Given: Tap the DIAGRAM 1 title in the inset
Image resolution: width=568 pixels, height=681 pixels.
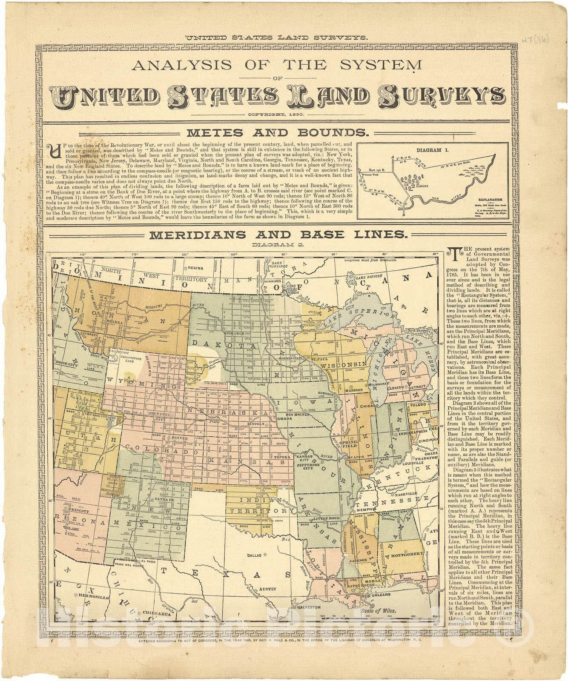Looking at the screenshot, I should pyautogui.click(x=432, y=150).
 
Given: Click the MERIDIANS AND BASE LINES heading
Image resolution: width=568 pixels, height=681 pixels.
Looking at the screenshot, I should pyautogui.click(x=279, y=234).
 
